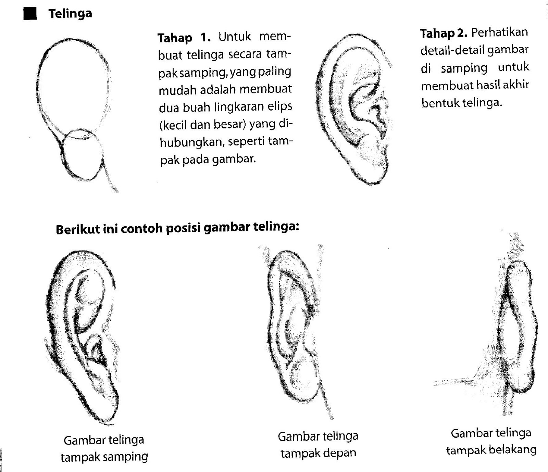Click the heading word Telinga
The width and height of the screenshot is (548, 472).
(70, 14)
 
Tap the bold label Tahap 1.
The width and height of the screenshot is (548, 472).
(184, 37)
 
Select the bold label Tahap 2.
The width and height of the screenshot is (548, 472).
(444, 33)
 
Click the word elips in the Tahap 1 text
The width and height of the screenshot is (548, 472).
(281, 106)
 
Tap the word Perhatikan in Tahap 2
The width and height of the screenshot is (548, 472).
(500, 33)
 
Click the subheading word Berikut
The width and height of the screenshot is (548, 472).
(77, 229)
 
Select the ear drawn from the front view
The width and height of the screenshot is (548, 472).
(295, 329)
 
